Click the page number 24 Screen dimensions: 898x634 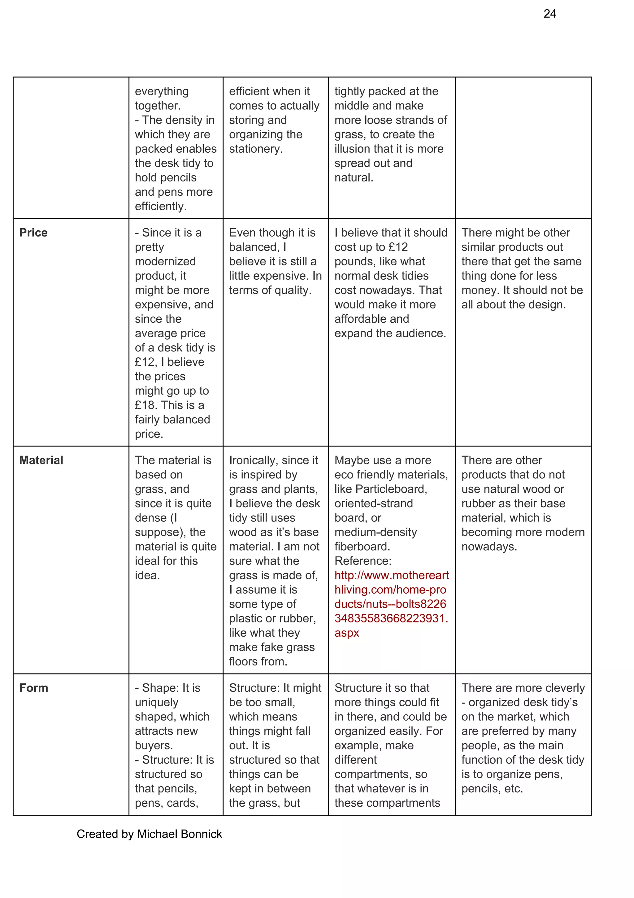pos(549,14)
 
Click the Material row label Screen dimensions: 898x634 pos(41,460)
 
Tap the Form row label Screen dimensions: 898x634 pos(34,688)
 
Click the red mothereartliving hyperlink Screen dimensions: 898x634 pos(391,604)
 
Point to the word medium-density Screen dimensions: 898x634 pos(376,532)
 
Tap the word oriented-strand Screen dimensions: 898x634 pos(373,503)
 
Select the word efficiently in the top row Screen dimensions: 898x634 pos(160,207)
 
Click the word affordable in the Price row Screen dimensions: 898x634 pos(360,319)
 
